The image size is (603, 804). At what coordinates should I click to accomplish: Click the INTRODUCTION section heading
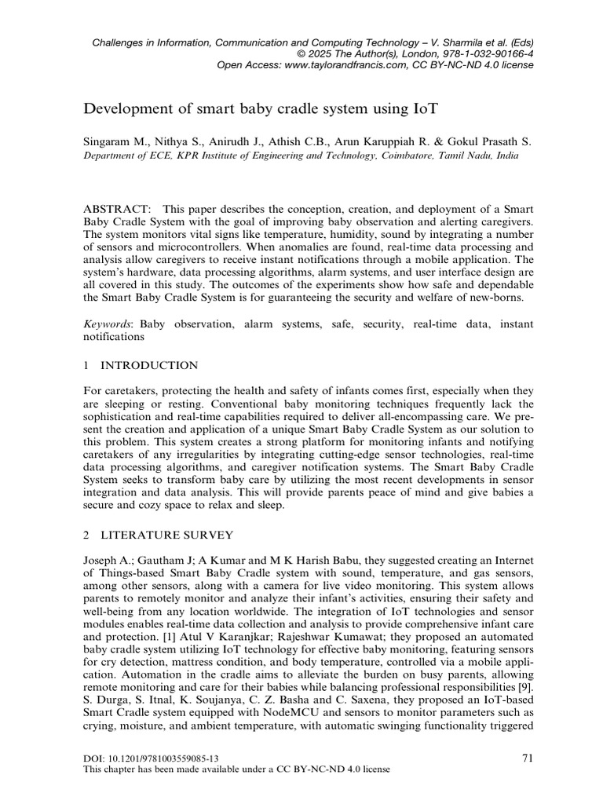click(148, 365)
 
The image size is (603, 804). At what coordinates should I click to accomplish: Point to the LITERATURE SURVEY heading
click(166, 535)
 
